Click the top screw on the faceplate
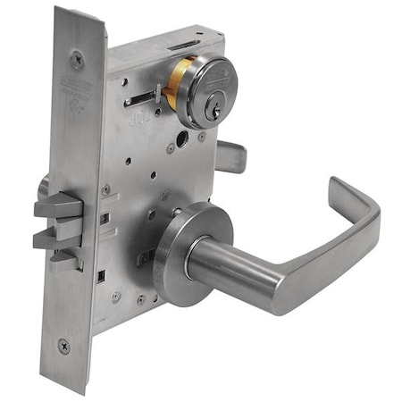(78, 61)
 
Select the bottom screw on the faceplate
(64, 344)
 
